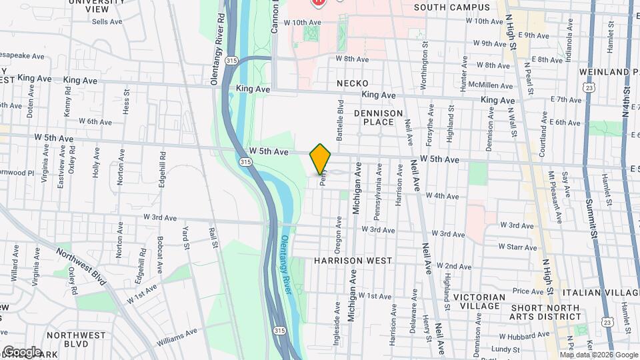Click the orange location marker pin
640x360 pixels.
pyautogui.click(x=321, y=159)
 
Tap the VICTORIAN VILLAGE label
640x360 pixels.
pyautogui.click(x=479, y=301)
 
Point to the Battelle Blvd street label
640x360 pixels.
pyautogui.click(x=340, y=118)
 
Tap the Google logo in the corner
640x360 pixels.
pyautogui.click(x=22, y=352)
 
